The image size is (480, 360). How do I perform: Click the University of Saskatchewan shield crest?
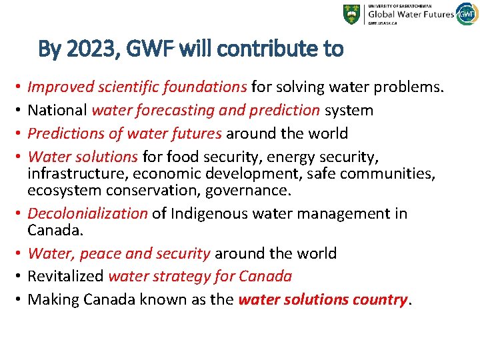[x=351, y=15]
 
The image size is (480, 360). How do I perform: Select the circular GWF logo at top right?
[x=466, y=14]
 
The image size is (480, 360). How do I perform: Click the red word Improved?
[x=59, y=87]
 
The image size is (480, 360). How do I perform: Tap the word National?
[x=57, y=110]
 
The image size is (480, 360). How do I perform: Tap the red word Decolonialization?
[x=87, y=213]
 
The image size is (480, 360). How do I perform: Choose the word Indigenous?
[x=210, y=213]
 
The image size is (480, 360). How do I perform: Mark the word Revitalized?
[x=65, y=276]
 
